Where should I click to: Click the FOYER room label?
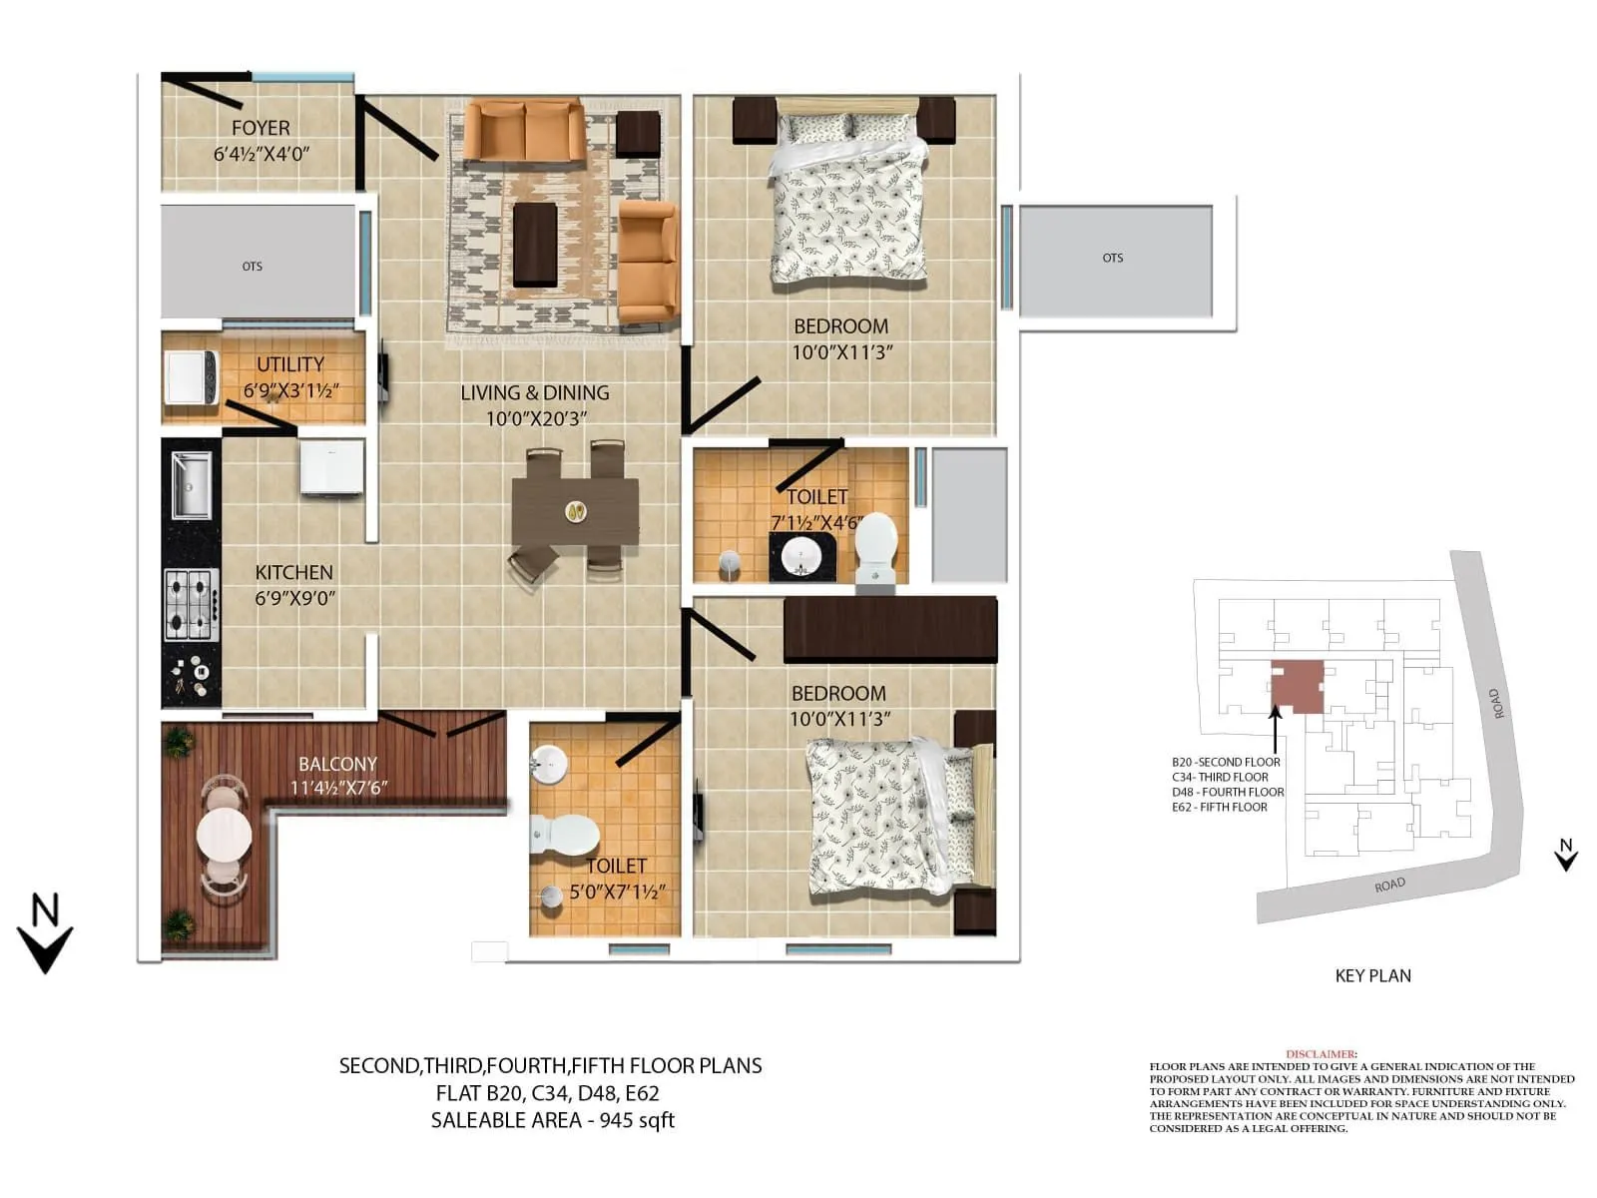pyautogui.click(x=261, y=128)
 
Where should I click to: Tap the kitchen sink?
pyautogui.click(x=191, y=485)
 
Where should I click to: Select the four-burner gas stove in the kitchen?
pyautogui.click(x=191, y=604)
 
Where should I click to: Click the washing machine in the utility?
pyautogui.click(x=191, y=377)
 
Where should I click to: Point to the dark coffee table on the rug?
pyautogui.click(x=534, y=245)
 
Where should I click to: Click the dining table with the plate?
pyautogui.click(x=575, y=511)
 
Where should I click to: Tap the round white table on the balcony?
pyautogui.click(x=225, y=834)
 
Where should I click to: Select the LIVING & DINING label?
pyautogui.click(x=534, y=393)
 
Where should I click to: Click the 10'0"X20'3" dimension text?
pyautogui.click(x=536, y=419)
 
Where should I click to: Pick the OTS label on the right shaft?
pyautogui.click(x=1112, y=258)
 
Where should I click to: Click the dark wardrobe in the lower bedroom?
pyautogui.click(x=889, y=630)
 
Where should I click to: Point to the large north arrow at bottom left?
pyautogui.click(x=45, y=934)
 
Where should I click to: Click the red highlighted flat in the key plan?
pyautogui.click(x=1298, y=686)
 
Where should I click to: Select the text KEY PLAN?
pyautogui.click(x=1372, y=975)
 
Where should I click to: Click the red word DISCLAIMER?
pyautogui.click(x=1321, y=1054)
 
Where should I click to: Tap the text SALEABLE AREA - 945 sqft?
pyautogui.click(x=552, y=1120)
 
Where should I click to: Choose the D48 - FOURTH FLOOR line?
pyautogui.click(x=1228, y=792)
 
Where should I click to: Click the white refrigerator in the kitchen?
pyautogui.click(x=331, y=466)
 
